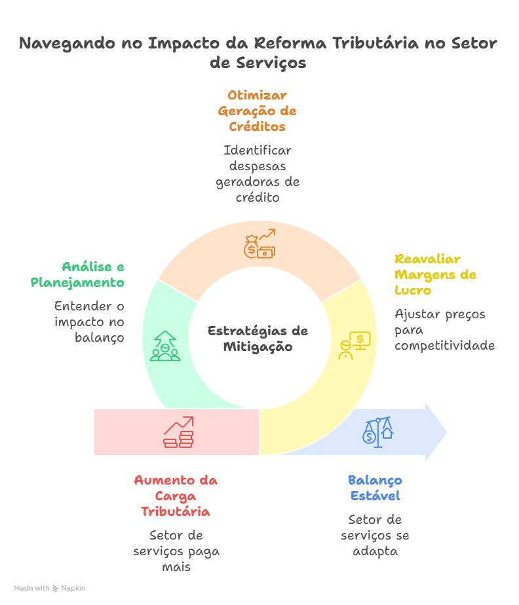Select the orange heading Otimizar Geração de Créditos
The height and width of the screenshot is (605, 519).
point(257,111)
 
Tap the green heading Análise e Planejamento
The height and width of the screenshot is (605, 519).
point(79,275)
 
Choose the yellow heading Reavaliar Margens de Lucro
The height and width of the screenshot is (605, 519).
point(435,274)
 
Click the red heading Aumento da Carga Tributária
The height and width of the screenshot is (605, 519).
point(176,496)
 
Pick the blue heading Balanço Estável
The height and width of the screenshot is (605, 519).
point(375,488)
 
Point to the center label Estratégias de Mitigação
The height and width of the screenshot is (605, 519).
point(258,339)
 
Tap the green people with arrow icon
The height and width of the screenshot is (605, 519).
point(164,346)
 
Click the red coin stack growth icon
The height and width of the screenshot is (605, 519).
point(178,432)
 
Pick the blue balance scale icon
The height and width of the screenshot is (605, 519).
point(378,432)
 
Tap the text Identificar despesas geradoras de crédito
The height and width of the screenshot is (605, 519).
point(258,174)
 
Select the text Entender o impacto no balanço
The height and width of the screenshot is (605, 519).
point(89,321)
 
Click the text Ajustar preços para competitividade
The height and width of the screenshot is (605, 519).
point(444,329)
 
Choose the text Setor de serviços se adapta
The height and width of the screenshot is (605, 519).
point(375,535)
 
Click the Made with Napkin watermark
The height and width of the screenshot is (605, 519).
point(50,588)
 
